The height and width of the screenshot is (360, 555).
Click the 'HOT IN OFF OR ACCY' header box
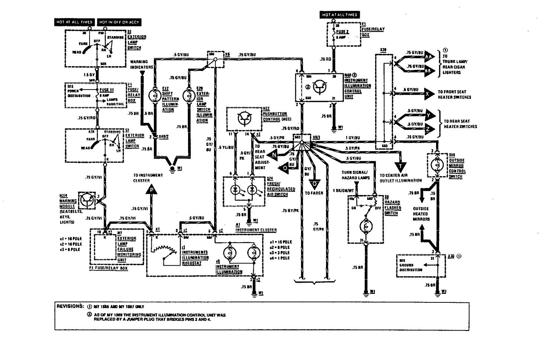click(119, 22)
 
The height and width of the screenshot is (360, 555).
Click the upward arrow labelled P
click(151, 191)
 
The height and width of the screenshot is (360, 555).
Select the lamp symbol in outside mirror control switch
click(437, 165)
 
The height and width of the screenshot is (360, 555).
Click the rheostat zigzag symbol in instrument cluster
click(164, 253)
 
